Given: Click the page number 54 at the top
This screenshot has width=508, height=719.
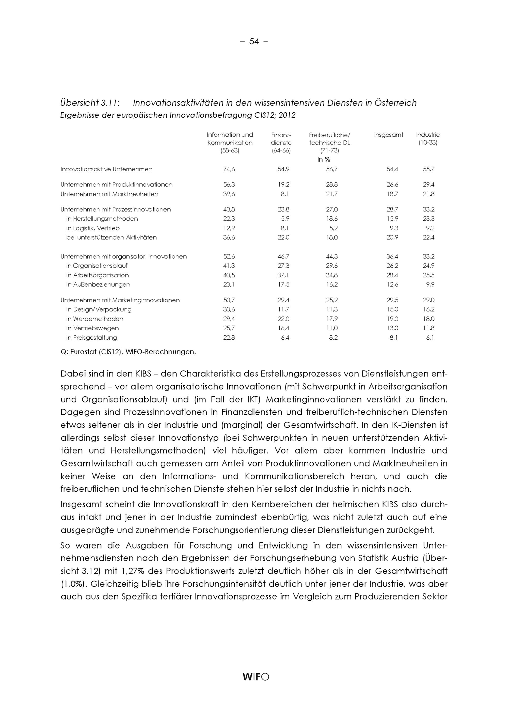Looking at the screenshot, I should [254, 42].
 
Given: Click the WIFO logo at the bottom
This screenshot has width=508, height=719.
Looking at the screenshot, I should [256, 677].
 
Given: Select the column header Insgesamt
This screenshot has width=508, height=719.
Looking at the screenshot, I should [388, 135].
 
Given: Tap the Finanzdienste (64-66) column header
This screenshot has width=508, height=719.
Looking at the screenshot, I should [281, 143].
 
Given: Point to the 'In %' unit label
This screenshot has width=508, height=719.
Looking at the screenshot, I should [324, 159].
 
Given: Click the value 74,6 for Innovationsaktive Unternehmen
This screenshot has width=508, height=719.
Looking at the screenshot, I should [229, 169].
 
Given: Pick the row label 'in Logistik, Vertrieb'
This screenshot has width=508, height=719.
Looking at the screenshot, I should [93, 228].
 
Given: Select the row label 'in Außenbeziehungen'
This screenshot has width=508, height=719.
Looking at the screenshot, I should [98, 285].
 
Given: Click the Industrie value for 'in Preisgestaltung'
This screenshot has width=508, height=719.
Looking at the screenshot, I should [430, 338].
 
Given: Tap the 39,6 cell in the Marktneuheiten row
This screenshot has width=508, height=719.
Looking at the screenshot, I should [229, 194].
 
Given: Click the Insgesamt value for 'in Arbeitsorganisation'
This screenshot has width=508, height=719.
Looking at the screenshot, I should [392, 275].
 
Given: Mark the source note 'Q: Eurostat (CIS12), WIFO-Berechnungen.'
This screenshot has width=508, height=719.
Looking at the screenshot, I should [128, 352].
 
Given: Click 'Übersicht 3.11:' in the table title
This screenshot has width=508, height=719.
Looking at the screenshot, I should [90, 103].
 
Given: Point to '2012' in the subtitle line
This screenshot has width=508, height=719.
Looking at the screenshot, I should [287, 116].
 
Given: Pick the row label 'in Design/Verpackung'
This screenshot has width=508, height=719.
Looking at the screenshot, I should [99, 310].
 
